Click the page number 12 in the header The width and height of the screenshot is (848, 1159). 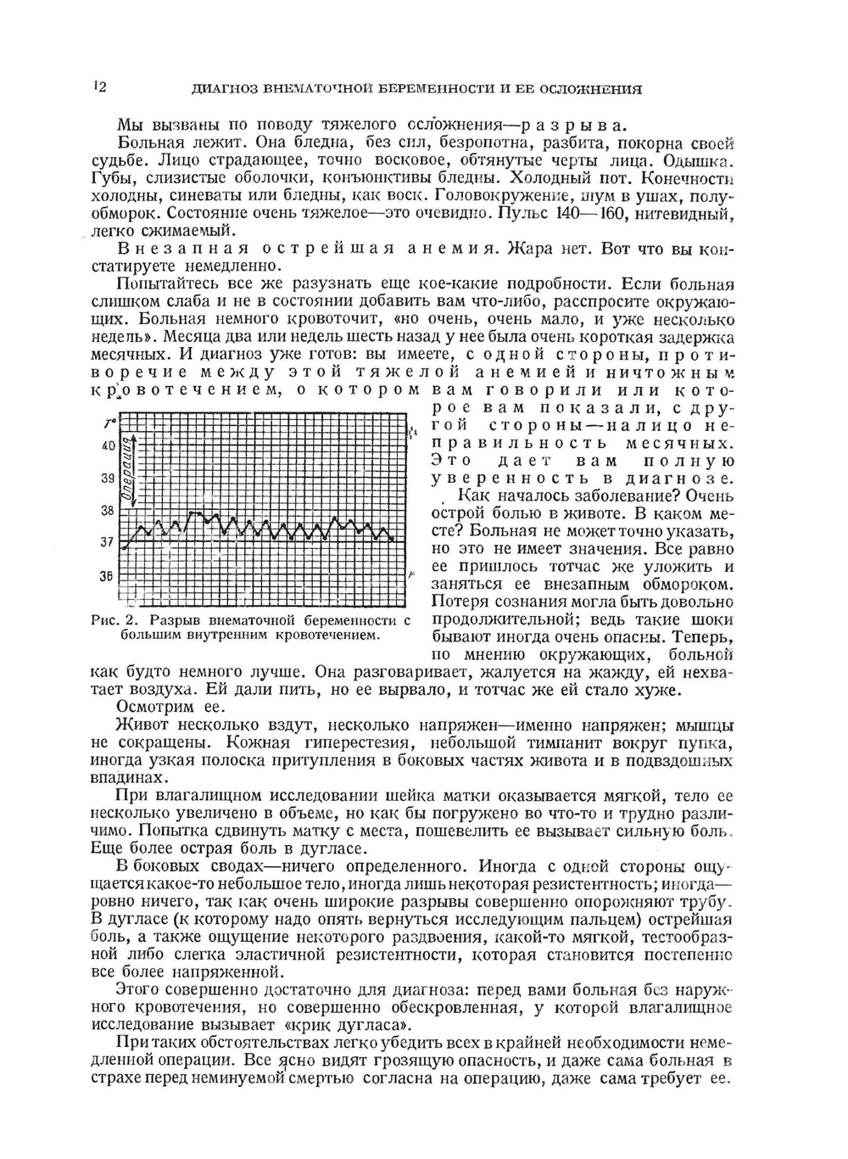[x=98, y=87]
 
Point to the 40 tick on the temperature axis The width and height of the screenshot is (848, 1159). [x=107, y=445]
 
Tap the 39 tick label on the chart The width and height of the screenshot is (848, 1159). [x=107, y=478]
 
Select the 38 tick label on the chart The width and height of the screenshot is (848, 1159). [x=107, y=511]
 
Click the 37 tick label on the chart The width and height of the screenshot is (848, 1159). [x=107, y=542]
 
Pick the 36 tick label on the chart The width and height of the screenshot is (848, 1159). [x=107, y=575]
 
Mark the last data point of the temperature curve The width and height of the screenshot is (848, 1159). [x=393, y=539]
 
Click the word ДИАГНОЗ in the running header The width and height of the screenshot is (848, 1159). [x=221, y=88]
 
